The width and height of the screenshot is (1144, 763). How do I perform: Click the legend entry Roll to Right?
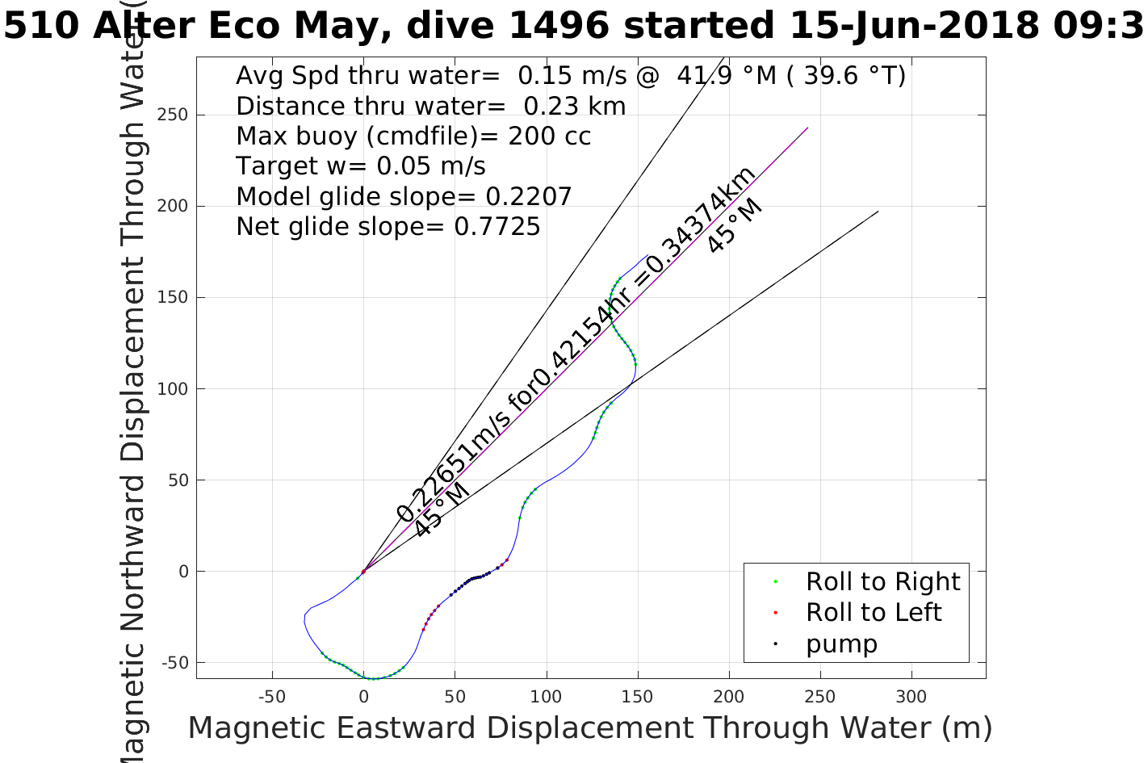pyautogui.click(x=882, y=581)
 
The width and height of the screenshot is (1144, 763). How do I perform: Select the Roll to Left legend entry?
pyautogui.click(x=873, y=612)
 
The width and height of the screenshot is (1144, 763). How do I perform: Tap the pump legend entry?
pyautogui.click(x=841, y=644)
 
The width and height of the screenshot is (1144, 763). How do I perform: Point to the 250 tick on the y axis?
pyautogui.click(x=172, y=115)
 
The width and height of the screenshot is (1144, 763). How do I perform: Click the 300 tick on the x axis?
pyautogui.click(x=911, y=697)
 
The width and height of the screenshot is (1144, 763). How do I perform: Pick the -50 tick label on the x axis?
pyautogui.click(x=272, y=697)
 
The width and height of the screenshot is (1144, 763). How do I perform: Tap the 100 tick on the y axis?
pyautogui.click(x=172, y=388)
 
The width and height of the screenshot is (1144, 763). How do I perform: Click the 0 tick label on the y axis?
pyautogui.click(x=183, y=572)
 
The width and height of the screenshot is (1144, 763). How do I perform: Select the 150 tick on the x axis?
pyautogui.click(x=638, y=697)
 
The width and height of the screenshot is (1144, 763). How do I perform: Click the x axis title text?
pyautogui.click(x=589, y=728)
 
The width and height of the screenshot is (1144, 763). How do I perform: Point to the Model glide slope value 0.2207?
pyautogui.click(x=528, y=196)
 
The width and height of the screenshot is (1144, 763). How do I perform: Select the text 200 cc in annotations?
pyautogui.click(x=549, y=136)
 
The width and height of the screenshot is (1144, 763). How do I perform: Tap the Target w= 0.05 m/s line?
pyautogui.click(x=360, y=166)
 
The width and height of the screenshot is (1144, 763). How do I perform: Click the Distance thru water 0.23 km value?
pyautogui.click(x=574, y=106)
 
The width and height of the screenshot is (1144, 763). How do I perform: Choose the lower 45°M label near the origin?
pyautogui.click(x=441, y=509)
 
